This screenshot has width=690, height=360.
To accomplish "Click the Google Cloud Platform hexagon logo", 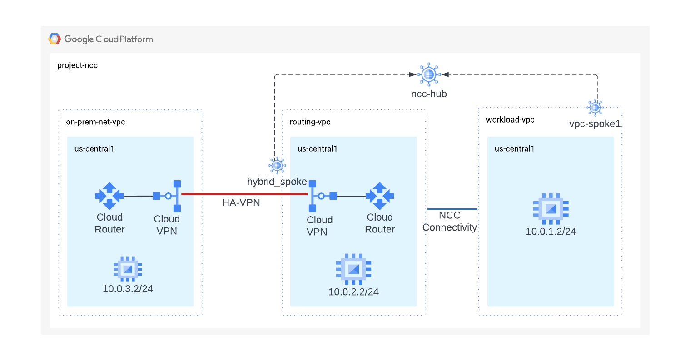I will (55, 39).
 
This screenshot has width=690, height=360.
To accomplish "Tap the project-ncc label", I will (77, 65).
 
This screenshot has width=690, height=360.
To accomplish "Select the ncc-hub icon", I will (429, 74).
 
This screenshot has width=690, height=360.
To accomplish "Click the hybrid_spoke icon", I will (277, 166).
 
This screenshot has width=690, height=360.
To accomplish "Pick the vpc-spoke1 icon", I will (595, 108).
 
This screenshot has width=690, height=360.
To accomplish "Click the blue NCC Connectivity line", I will (452, 209).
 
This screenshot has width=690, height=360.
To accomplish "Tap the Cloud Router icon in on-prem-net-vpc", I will (109, 196).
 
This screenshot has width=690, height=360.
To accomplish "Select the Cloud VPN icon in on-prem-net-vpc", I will (169, 196).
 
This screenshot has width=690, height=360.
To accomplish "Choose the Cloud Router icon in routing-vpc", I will (380, 196).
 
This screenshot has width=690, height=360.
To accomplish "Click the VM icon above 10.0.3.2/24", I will (128, 269).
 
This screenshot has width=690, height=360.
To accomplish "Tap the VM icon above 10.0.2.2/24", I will (353, 269).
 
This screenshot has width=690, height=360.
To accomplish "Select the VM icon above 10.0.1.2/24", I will (551, 209).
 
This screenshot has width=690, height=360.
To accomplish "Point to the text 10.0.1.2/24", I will (551, 232).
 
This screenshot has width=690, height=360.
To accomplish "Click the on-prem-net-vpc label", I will (95, 122).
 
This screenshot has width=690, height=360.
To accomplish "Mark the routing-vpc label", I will (310, 122).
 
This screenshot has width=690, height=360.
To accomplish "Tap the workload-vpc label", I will (510, 120).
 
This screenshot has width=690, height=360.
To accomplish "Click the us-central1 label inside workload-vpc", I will (514, 149).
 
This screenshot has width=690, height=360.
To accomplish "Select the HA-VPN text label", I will (241, 203).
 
